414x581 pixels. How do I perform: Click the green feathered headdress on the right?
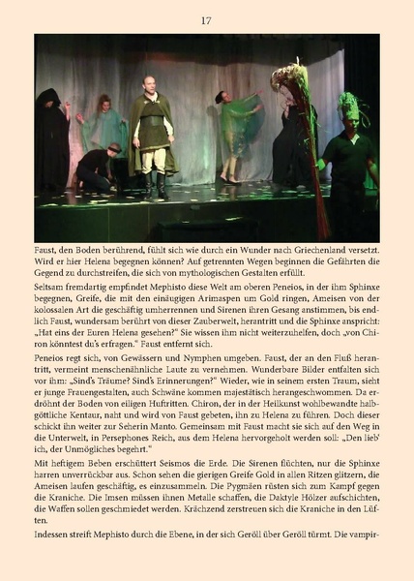tap(348, 106)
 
